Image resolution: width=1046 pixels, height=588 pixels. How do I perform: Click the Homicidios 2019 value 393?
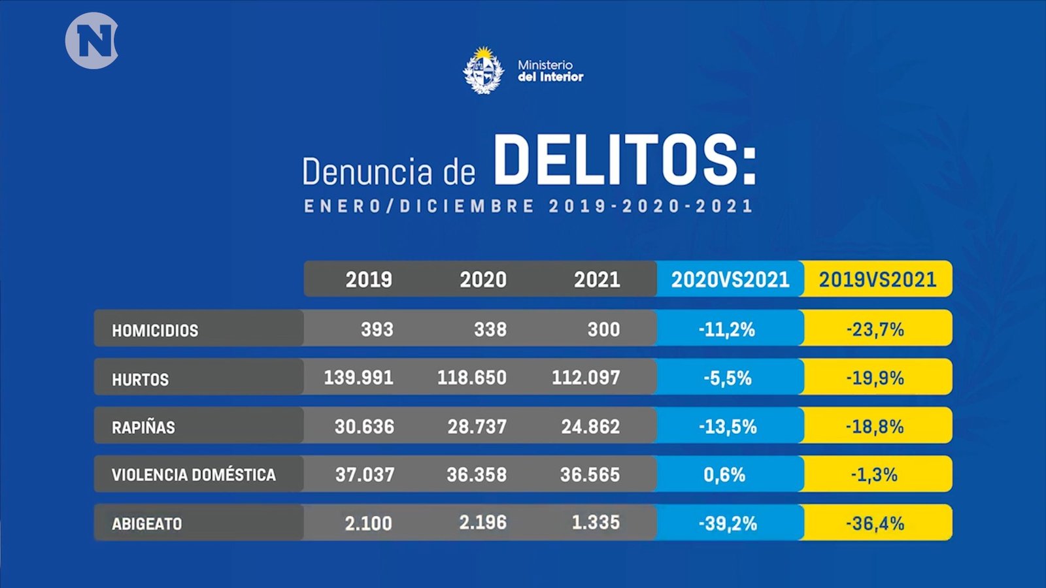click(x=377, y=329)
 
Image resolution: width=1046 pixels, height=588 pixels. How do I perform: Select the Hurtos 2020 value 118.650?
click(x=471, y=378)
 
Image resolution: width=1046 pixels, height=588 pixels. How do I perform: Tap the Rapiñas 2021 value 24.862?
click(x=590, y=427)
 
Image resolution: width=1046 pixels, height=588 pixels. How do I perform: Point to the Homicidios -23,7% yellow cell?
click(x=875, y=329)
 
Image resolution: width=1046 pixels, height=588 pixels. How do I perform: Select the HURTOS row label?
click(x=140, y=380)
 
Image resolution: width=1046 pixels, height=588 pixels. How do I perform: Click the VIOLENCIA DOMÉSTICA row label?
click(x=194, y=475)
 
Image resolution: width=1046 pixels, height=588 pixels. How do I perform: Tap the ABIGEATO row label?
click(x=146, y=523)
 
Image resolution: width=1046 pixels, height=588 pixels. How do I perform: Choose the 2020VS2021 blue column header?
click(x=730, y=280)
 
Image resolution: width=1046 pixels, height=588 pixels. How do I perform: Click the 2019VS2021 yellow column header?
click(x=877, y=280)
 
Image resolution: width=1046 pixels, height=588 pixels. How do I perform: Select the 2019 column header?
click(x=369, y=280)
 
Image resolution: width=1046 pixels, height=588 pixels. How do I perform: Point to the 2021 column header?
click(x=597, y=280)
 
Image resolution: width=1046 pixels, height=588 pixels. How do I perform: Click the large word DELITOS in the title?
click(x=624, y=160)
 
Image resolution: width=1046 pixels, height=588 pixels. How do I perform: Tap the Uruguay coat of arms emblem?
click(x=483, y=71)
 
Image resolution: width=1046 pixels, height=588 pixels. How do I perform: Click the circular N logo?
click(x=92, y=41)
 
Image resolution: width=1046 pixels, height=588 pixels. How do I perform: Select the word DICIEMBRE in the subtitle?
click(x=467, y=206)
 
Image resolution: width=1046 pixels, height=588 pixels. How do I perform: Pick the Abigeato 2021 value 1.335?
click(x=596, y=523)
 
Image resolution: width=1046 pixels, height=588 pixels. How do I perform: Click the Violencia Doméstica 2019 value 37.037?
click(x=365, y=475)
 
